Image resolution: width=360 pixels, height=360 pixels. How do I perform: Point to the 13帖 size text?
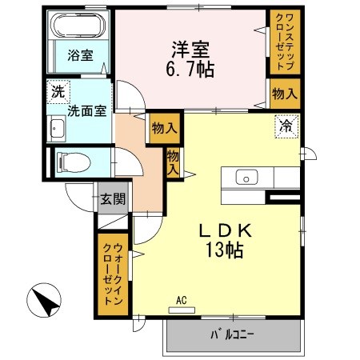(x=226, y=249)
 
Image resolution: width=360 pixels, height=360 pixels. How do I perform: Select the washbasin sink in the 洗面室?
(x=58, y=127)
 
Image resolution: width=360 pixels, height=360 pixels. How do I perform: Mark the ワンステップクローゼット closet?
(x=285, y=41)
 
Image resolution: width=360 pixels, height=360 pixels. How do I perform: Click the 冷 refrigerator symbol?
(x=286, y=126)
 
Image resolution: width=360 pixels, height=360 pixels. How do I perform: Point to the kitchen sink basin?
(x=247, y=178)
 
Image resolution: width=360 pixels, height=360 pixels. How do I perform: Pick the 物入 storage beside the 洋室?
(x=285, y=94)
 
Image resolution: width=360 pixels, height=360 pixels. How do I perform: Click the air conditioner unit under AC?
(x=182, y=310)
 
